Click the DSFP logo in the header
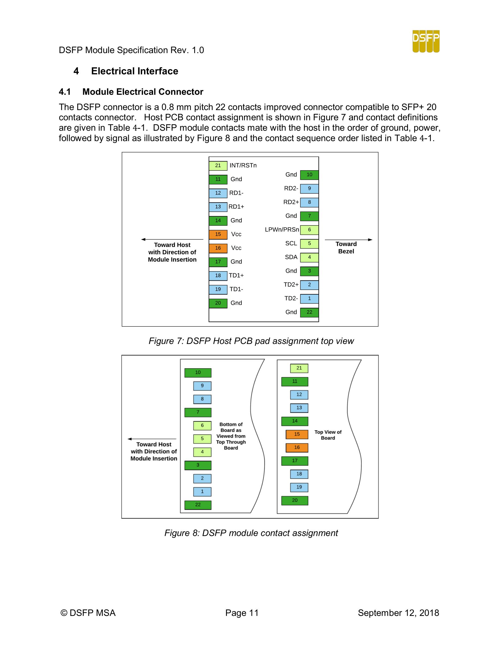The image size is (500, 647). tap(426, 41)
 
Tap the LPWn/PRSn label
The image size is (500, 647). tap(282, 230)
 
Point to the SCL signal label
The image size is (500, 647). tap(291, 243)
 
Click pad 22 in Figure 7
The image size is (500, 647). tap(309, 312)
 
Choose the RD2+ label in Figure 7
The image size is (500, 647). tap(291, 202)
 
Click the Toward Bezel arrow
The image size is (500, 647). tap(348, 240)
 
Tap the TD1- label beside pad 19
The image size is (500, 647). tap(236, 289)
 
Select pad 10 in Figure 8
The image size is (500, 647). tap(198, 373)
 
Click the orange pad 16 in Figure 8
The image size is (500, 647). tap(297, 447)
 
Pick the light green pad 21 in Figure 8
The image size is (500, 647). tap(299, 368)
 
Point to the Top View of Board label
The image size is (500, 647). tap(328, 435)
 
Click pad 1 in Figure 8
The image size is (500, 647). tap(202, 492)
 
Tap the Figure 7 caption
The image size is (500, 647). tap(251, 341)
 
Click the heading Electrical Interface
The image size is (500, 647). tap(135, 71)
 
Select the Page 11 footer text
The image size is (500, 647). tap(242, 613)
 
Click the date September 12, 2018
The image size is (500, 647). tap(398, 613)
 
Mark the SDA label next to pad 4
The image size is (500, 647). tap(291, 257)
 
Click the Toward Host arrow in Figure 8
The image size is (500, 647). tap(152, 439)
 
